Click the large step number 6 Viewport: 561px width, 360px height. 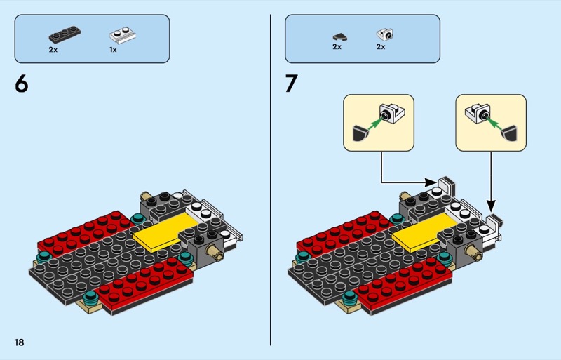pyautogui.click(x=22, y=84)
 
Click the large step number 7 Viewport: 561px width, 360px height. pyautogui.click(x=292, y=84)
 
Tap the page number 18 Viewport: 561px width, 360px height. pyautogui.click(x=19, y=342)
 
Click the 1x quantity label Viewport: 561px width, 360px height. pyautogui.click(x=113, y=51)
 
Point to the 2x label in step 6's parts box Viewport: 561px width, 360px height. pyautogui.click(x=53, y=51)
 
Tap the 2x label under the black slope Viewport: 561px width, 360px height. pyautogui.click(x=337, y=47)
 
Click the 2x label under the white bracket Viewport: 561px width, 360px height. pyautogui.click(x=381, y=47)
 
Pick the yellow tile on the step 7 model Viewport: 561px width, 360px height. pyautogui.click(x=419, y=234)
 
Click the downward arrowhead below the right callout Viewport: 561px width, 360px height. pyautogui.click(x=489, y=205)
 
